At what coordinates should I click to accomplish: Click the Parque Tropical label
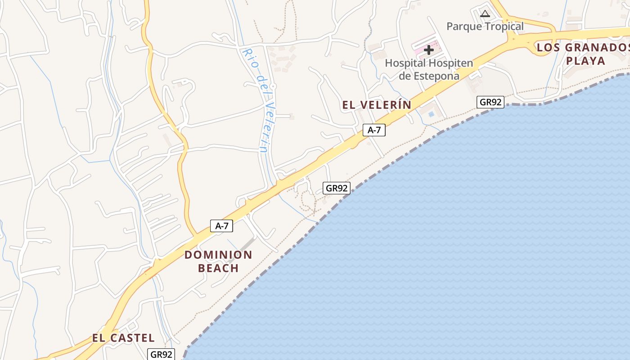[x=485, y=26]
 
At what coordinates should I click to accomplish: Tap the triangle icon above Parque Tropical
[x=485, y=13]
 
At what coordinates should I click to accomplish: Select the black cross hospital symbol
[x=429, y=49]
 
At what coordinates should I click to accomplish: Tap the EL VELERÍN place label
[x=377, y=105]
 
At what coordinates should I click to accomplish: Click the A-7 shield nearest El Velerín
[x=374, y=130]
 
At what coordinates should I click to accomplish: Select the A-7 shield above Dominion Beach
[x=221, y=226]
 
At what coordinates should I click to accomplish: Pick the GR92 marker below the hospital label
[x=490, y=102]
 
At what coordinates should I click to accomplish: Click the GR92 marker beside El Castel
[x=161, y=354]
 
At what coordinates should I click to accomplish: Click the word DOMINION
[x=218, y=255]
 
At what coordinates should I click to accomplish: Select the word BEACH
[x=218, y=269]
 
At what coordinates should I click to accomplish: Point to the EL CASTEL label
[x=123, y=338]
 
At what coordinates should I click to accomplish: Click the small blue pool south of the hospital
[x=431, y=114]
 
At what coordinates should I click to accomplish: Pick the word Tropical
[x=502, y=26]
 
